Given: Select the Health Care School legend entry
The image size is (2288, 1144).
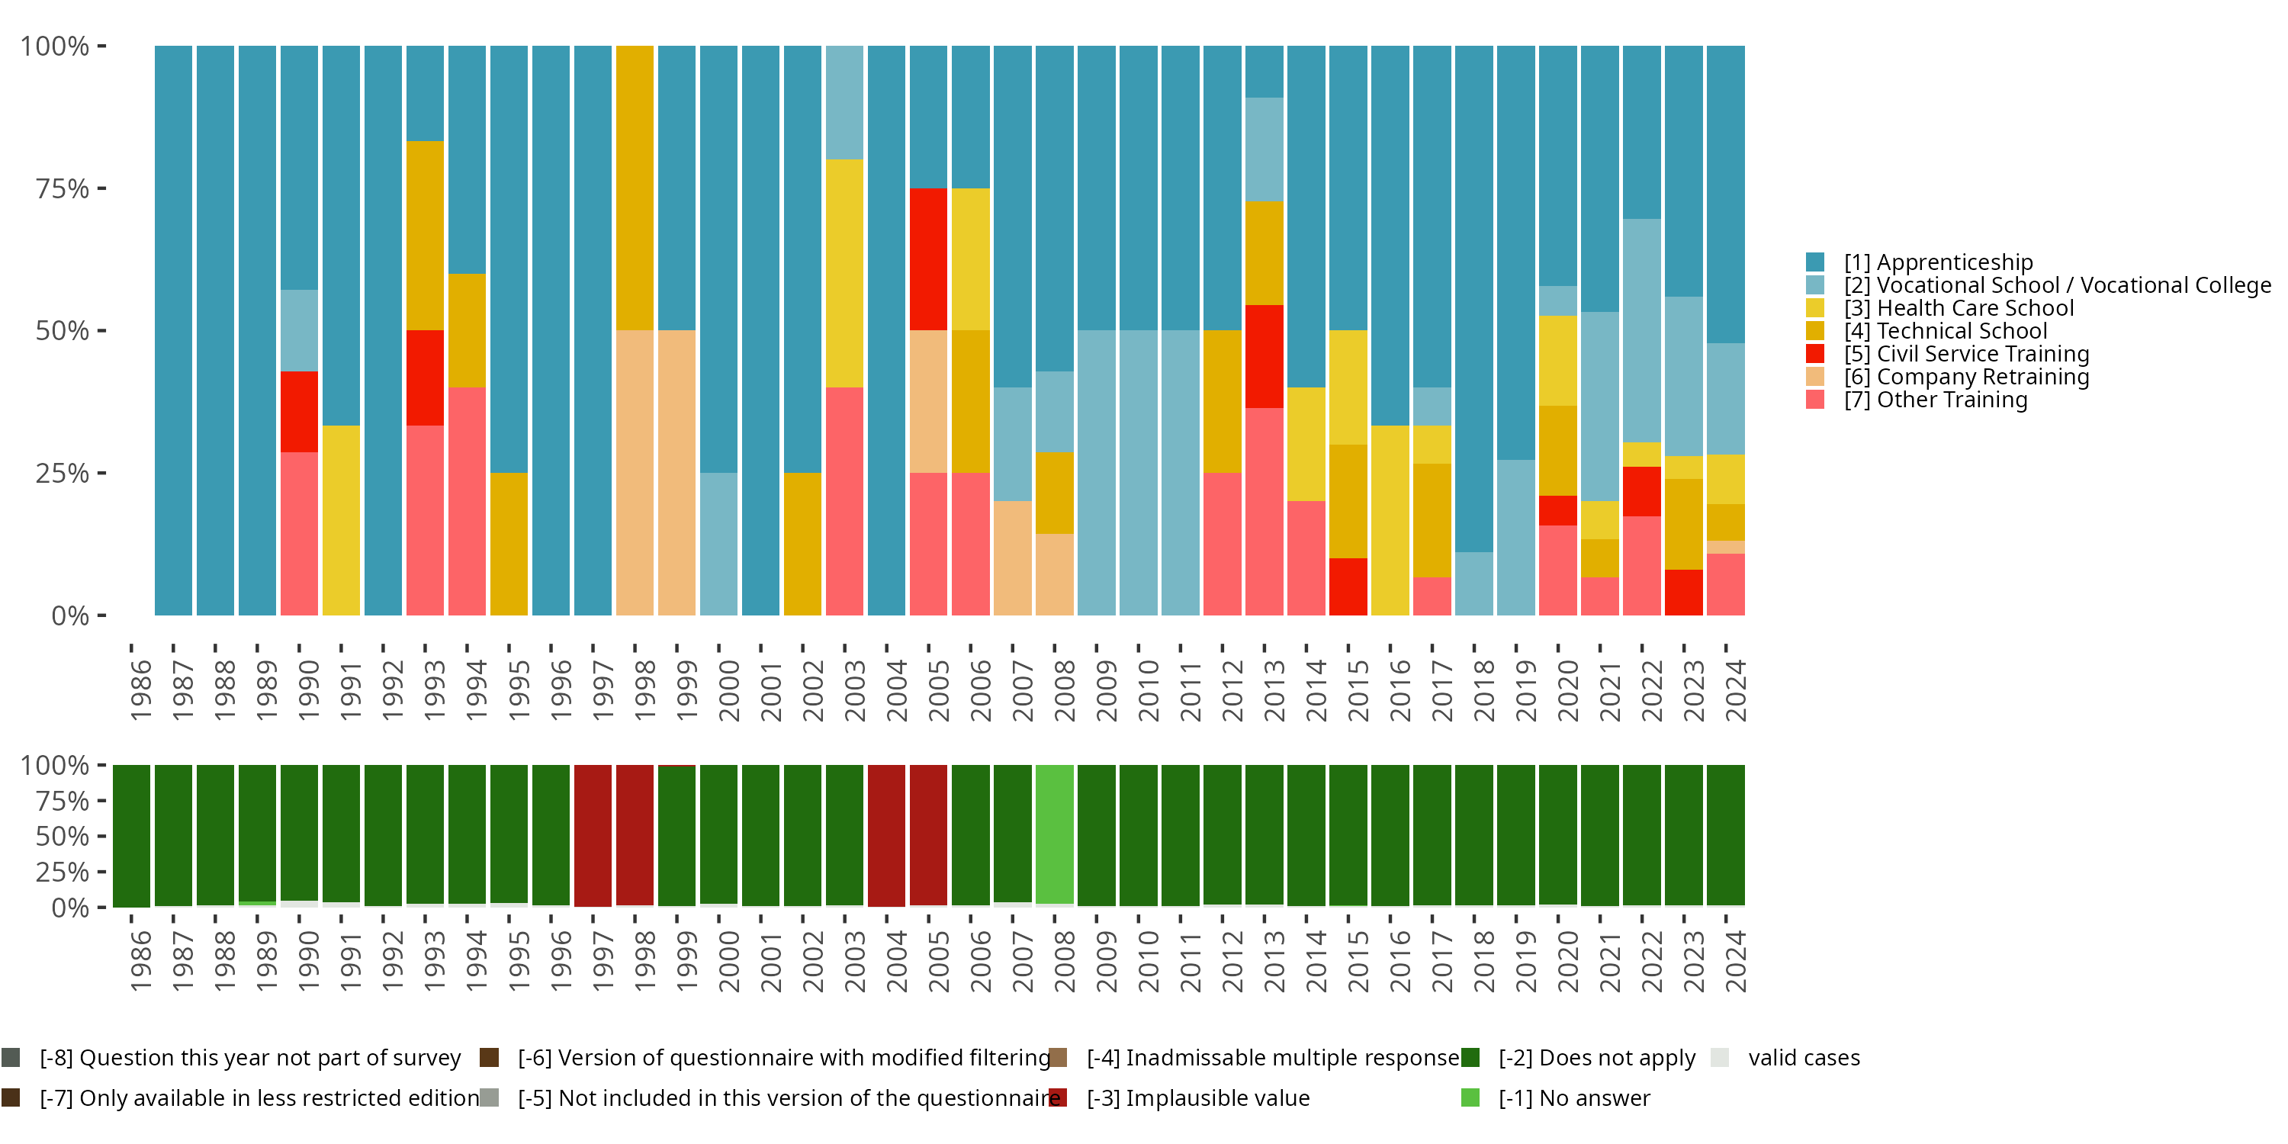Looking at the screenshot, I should [x=1959, y=308].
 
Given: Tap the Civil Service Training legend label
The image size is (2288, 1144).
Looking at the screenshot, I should [x=1966, y=355].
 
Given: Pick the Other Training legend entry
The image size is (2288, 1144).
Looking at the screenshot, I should [x=1936, y=400].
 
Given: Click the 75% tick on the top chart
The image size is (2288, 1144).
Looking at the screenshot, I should [x=63, y=188].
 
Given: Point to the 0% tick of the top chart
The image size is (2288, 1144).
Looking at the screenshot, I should [x=70, y=615].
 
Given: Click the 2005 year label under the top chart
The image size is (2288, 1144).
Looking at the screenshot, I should [x=939, y=690].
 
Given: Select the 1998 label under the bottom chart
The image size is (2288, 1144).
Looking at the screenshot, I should [x=644, y=961].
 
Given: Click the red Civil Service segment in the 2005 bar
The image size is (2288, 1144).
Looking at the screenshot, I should [x=928, y=259].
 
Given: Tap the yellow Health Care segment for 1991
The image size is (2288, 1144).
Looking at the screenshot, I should [x=341, y=520].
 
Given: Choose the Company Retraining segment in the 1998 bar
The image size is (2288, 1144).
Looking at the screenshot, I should [x=635, y=473].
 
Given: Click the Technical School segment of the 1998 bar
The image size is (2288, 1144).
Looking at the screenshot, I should [x=635, y=188].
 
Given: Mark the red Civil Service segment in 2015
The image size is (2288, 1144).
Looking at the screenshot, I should [x=1348, y=586].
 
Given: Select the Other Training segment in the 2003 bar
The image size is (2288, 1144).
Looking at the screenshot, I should [x=844, y=501].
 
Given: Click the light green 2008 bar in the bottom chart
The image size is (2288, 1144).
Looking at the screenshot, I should [x=1054, y=834].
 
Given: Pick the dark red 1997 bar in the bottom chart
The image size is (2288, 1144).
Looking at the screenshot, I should [x=593, y=835].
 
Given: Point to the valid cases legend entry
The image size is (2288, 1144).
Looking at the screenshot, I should [x=1803, y=1058].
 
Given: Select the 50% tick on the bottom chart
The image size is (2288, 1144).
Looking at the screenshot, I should [x=63, y=837].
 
